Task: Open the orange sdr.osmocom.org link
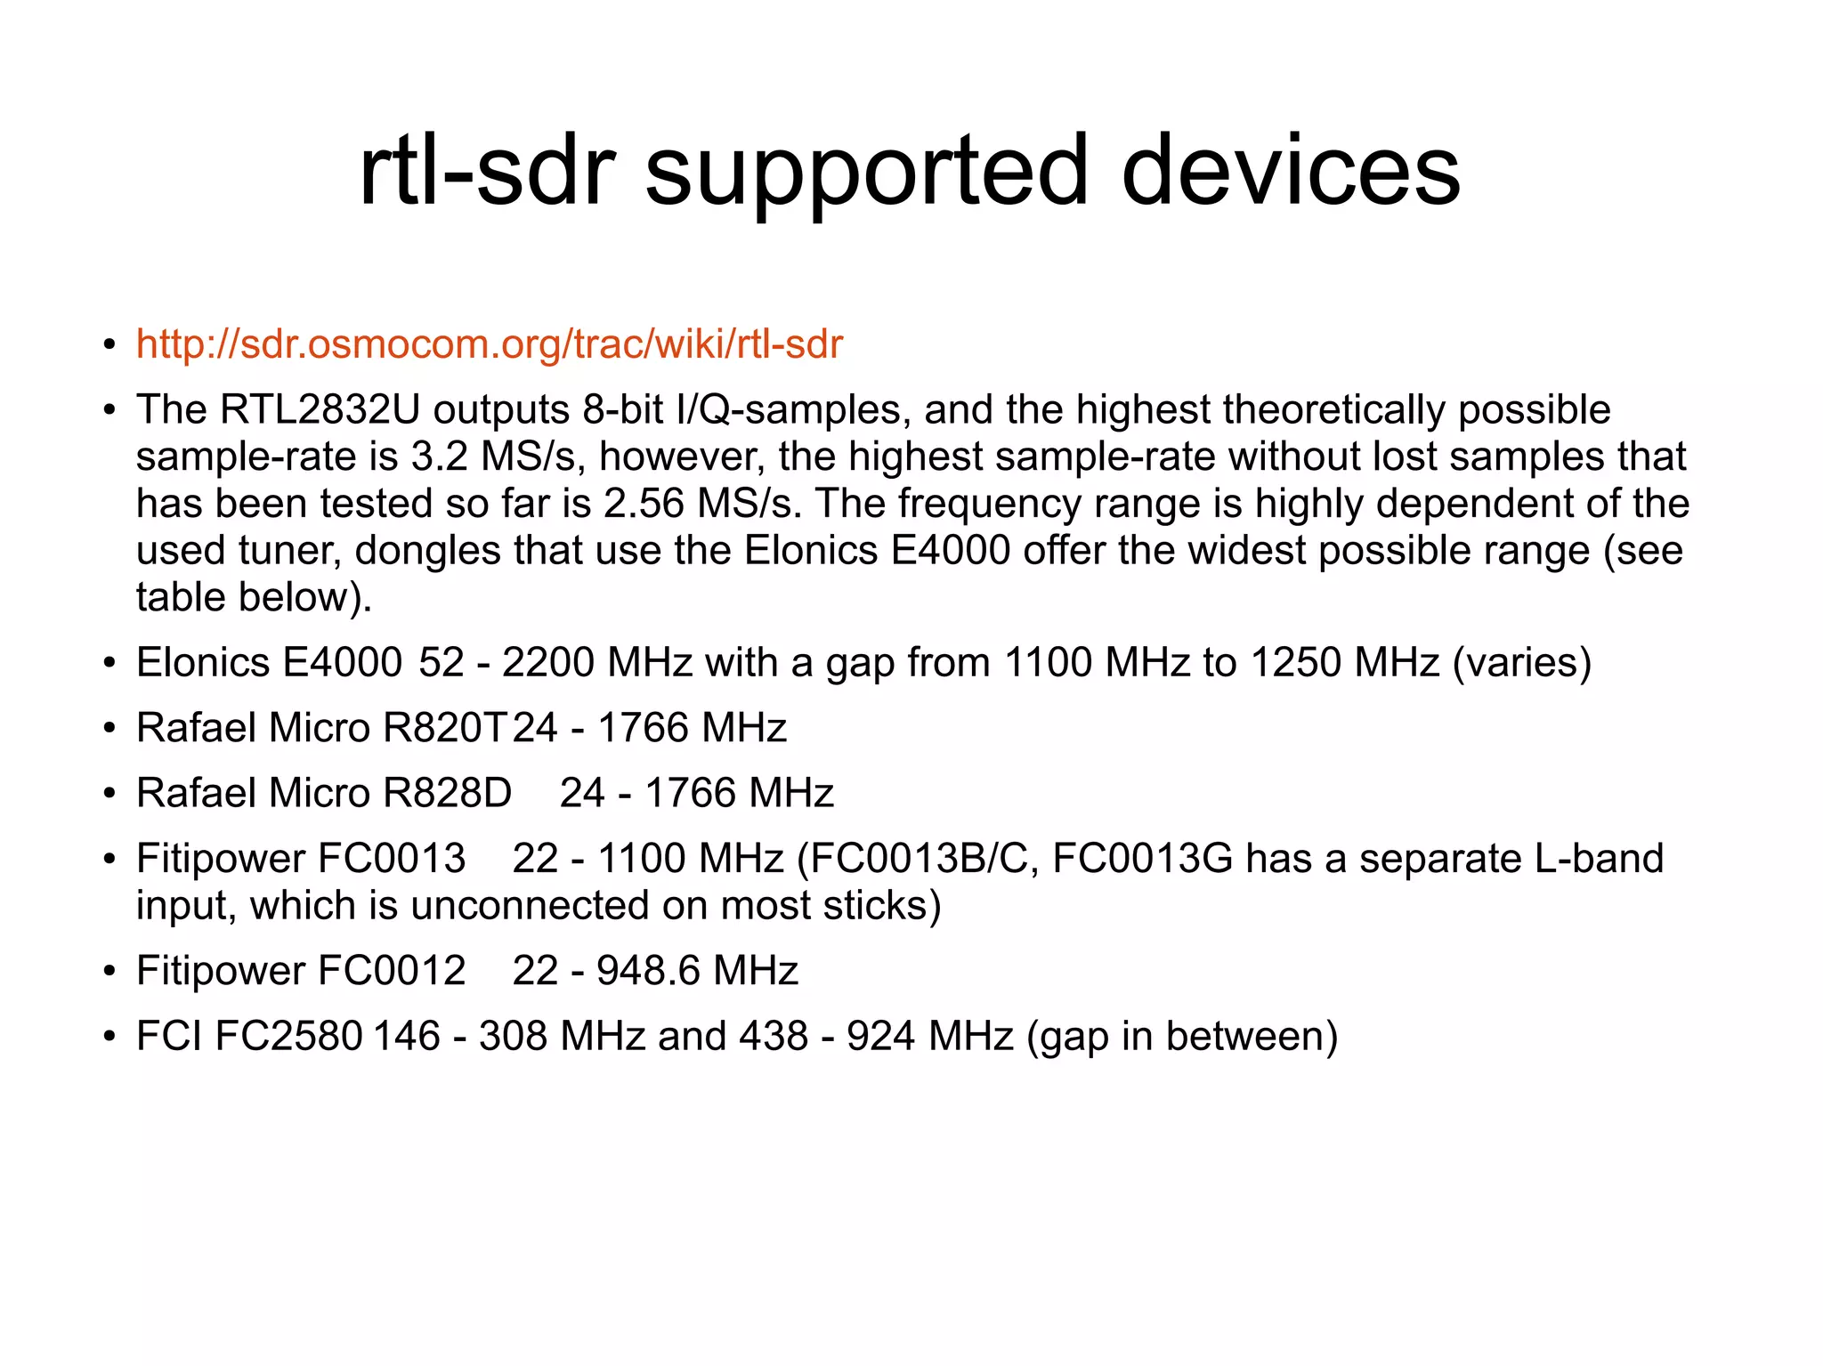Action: pyautogui.click(x=489, y=344)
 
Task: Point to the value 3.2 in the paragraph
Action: pyautogui.click(x=439, y=457)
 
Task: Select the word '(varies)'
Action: pyautogui.click(x=1521, y=663)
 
